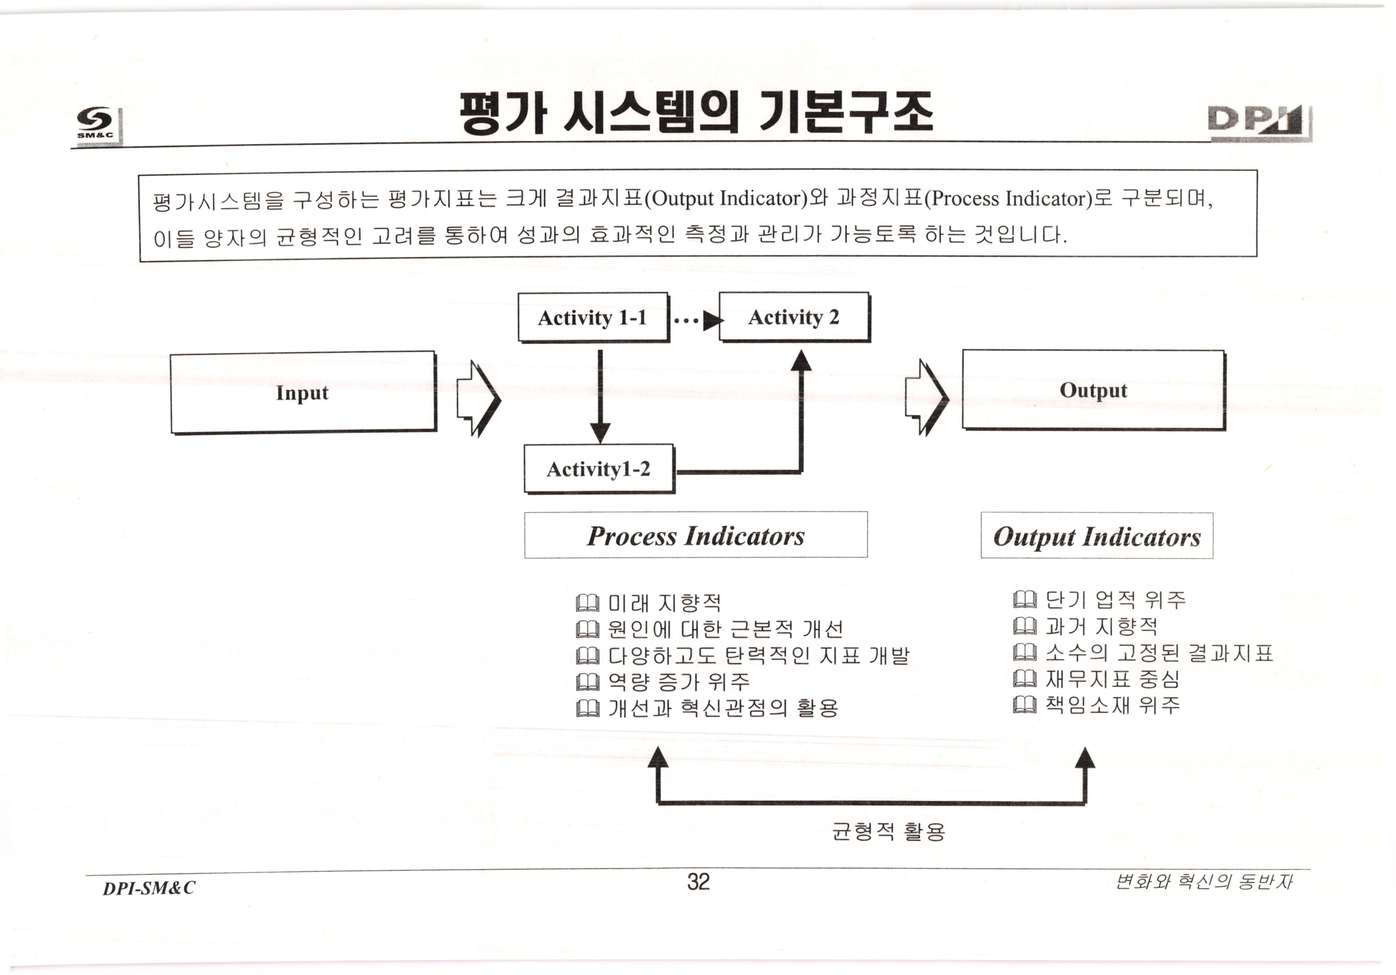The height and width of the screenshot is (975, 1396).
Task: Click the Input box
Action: pos(303,392)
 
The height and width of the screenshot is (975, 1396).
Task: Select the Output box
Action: pos(1093,390)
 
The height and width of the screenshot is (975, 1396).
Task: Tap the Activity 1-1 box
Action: pos(592,318)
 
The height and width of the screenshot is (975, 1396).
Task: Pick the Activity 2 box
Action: pos(793,317)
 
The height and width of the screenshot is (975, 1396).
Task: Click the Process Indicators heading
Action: pos(695,535)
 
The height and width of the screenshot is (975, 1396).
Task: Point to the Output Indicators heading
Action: pos(1096,536)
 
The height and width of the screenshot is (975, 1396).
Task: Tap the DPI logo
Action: pos(1259,123)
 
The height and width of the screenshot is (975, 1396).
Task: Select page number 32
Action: pos(698,881)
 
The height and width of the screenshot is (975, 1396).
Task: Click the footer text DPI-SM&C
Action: pos(149,888)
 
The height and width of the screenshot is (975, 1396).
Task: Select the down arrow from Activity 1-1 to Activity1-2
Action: pos(600,396)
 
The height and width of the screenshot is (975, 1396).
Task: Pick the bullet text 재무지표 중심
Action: pos(1112,679)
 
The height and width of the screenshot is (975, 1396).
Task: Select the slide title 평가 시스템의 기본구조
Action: pos(697,113)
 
